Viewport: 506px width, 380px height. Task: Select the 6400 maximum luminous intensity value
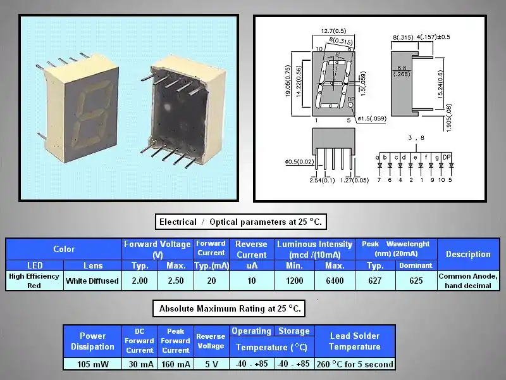(x=335, y=281)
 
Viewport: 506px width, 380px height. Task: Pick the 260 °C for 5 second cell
(x=355, y=364)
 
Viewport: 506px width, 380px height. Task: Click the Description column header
(x=468, y=254)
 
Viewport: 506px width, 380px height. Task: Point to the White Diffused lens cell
(x=92, y=281)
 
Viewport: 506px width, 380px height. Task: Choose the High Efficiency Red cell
(x=34, y=281)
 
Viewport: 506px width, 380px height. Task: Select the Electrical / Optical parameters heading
(x=240, y=222)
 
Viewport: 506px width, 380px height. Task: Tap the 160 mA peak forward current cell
(x=175, y=364)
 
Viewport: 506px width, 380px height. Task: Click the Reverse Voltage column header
(x=211, y=341)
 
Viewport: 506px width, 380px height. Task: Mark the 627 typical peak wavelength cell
(x=375, y=281)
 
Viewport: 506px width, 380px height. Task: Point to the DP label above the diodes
(x=447, y=156)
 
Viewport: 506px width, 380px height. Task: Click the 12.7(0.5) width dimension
(x=333, y=30)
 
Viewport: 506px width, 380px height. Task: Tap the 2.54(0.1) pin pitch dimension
(x=321, y=181)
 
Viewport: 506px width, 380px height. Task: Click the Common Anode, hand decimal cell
(x=468, y=281)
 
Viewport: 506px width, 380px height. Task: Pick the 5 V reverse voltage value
(x=211, y=364)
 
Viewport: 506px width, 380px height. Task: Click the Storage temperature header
(x=293, y=331)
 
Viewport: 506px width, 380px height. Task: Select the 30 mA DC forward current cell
(x=139, y=364)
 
